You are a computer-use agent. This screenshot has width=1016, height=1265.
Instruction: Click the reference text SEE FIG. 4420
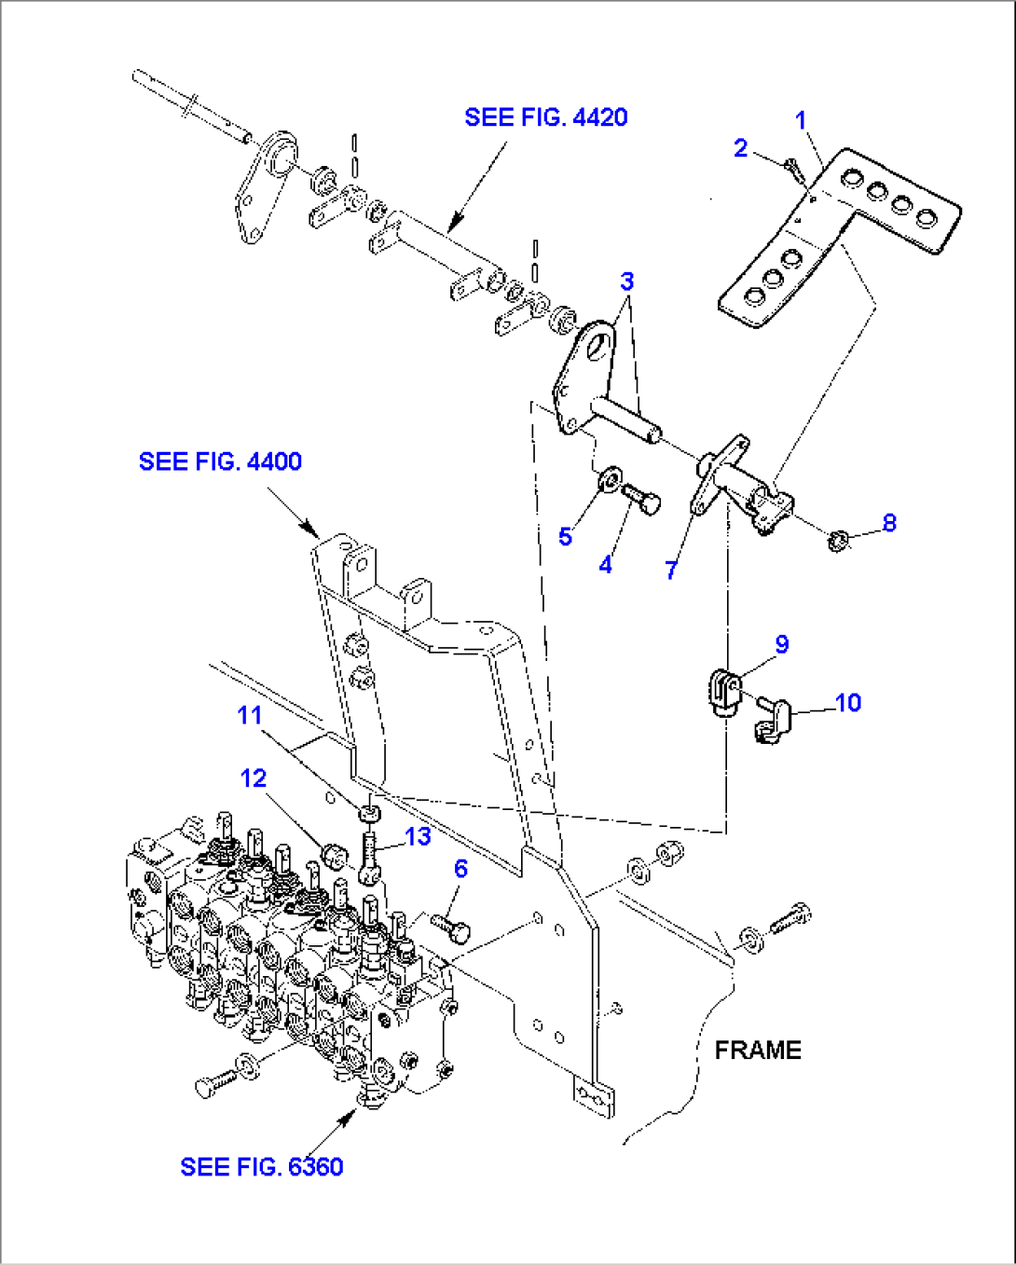pos(545,117)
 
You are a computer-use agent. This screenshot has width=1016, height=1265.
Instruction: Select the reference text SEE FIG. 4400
pos(220,461)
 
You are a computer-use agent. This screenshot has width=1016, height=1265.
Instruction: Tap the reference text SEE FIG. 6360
pos(261,1166)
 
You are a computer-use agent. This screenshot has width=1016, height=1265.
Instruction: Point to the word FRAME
pos(757,1050)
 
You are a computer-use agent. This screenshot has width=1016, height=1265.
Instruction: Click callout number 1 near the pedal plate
pos(800,120)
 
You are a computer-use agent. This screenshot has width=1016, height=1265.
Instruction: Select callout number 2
pos(740,148)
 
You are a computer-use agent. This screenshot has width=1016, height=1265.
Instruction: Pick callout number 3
pos(626,282)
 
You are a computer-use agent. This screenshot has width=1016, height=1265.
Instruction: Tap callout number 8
pos(888,523)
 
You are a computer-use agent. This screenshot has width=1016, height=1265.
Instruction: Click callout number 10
pos(847,703)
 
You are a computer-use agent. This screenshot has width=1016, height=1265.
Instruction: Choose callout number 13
pos(418,836)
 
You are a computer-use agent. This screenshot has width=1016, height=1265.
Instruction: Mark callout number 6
pos(460,869)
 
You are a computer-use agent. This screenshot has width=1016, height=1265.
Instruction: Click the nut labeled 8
pos(837,539)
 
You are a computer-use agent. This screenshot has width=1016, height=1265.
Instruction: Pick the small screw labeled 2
pos(791,170)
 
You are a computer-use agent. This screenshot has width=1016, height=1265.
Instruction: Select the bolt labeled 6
pos(451,927)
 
